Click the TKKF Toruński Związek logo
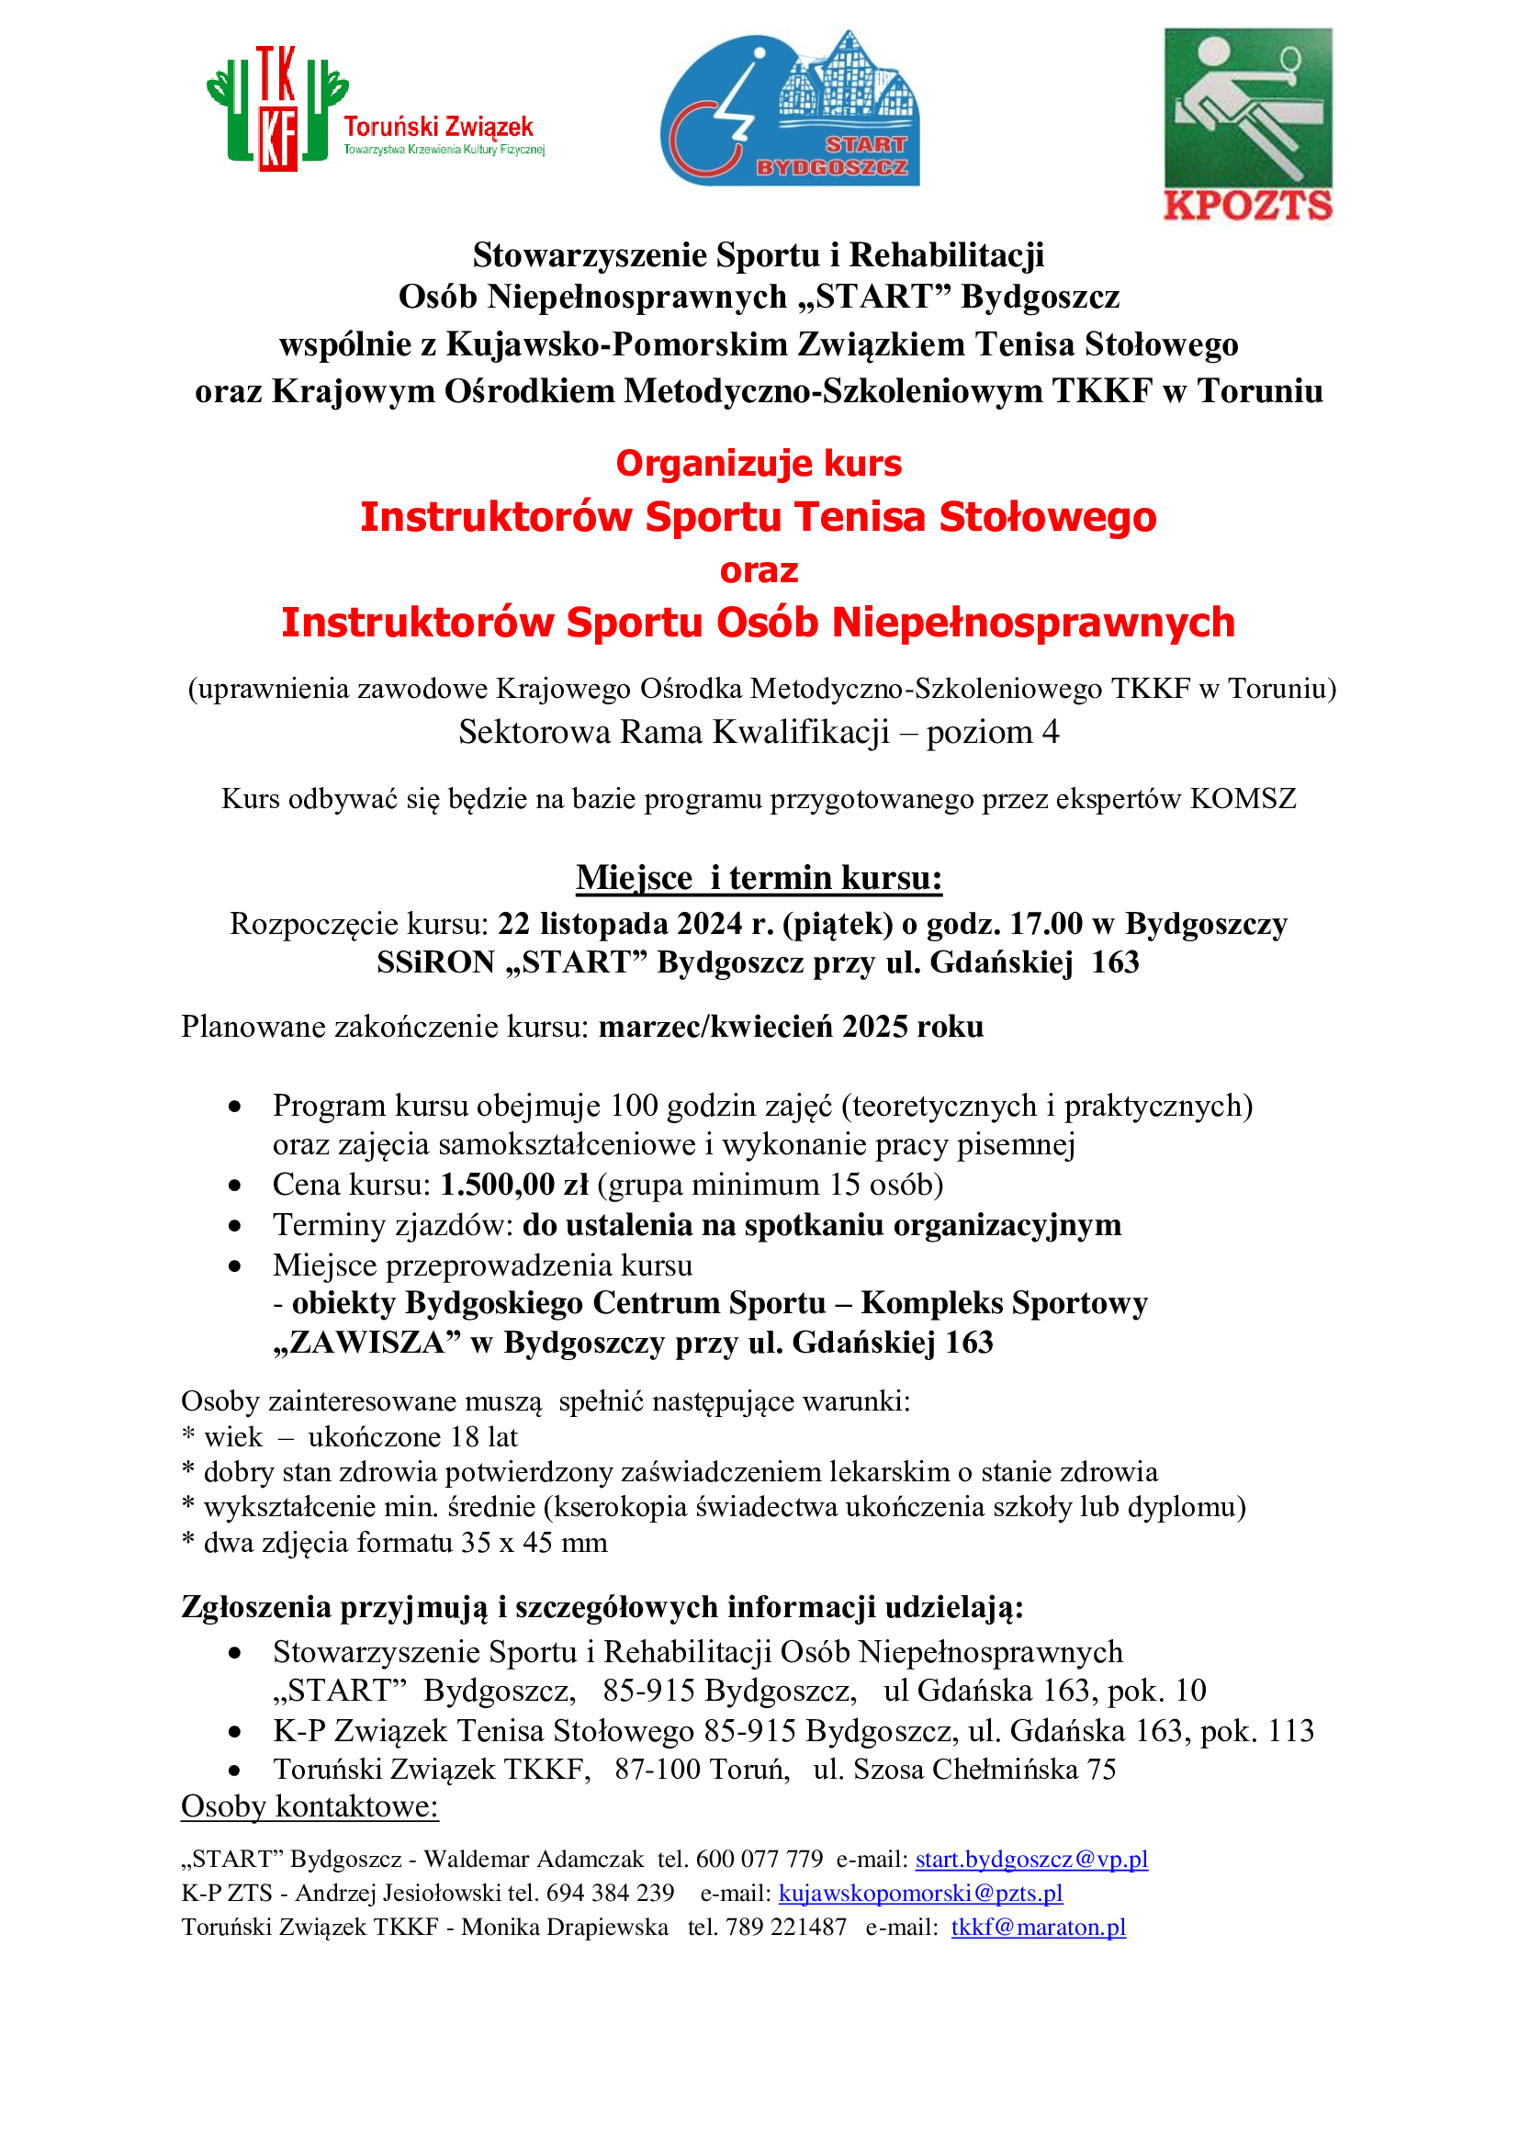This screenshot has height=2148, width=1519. pyautogui.click(x=374, y=110)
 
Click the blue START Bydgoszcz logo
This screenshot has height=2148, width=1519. pyautogui.click(x=791, y=108)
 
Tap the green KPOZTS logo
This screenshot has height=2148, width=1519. pyautogui.click(x=1248, y=124)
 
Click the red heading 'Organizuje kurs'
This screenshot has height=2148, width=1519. pyautogui.click(x=759, y=464)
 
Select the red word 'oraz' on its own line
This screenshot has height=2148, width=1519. pyautogui.click(x=759, y=569)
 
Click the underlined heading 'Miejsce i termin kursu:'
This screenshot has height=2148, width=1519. pyautogui.click(x=759, y=878)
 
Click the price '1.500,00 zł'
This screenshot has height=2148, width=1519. pyautogui.click(x=514, y=1185)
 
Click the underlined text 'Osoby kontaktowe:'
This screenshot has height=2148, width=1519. pyautogui.click(x=309, y=1806)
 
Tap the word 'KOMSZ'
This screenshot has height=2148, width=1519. pyautogui.click(x=1243, y=799)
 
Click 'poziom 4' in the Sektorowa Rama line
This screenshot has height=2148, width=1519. pyautogui.click(x=993, y=732)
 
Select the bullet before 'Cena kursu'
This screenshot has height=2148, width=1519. pyautogui.click(x=235, y=1186)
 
